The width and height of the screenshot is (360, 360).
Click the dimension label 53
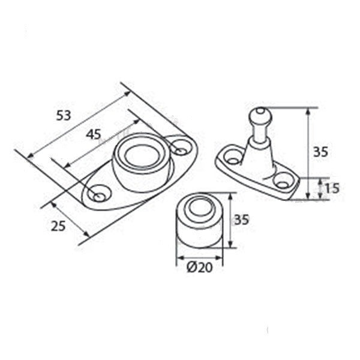(64, 115)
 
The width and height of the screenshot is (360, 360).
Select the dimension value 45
(94, 134)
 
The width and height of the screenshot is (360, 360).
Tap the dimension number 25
(58, 226)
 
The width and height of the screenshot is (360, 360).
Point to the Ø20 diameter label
(200, 267)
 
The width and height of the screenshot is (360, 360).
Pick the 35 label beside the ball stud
(321, 152)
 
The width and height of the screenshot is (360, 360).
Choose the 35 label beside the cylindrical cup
(242, 220)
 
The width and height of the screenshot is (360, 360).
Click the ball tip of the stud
(261, 115)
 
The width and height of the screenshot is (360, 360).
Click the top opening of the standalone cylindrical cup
(200, 208)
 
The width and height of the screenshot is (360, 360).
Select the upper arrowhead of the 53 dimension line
(127, 94)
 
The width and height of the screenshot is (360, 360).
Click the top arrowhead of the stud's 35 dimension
(308, 112)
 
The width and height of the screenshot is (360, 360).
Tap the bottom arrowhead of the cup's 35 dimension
(231, 244)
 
